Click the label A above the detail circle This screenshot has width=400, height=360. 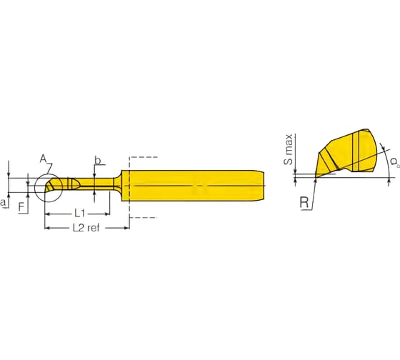click(43, 158)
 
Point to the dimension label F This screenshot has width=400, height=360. click(21, 207)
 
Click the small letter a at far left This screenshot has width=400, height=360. click(4, 204)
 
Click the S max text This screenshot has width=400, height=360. click(289, 150)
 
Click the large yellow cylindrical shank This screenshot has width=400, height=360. click(193, 186)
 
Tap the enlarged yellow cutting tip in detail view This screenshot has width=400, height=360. click(350, 154)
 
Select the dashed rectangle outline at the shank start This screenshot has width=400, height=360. click(143, 156)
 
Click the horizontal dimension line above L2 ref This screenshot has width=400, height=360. click(86, 221)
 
